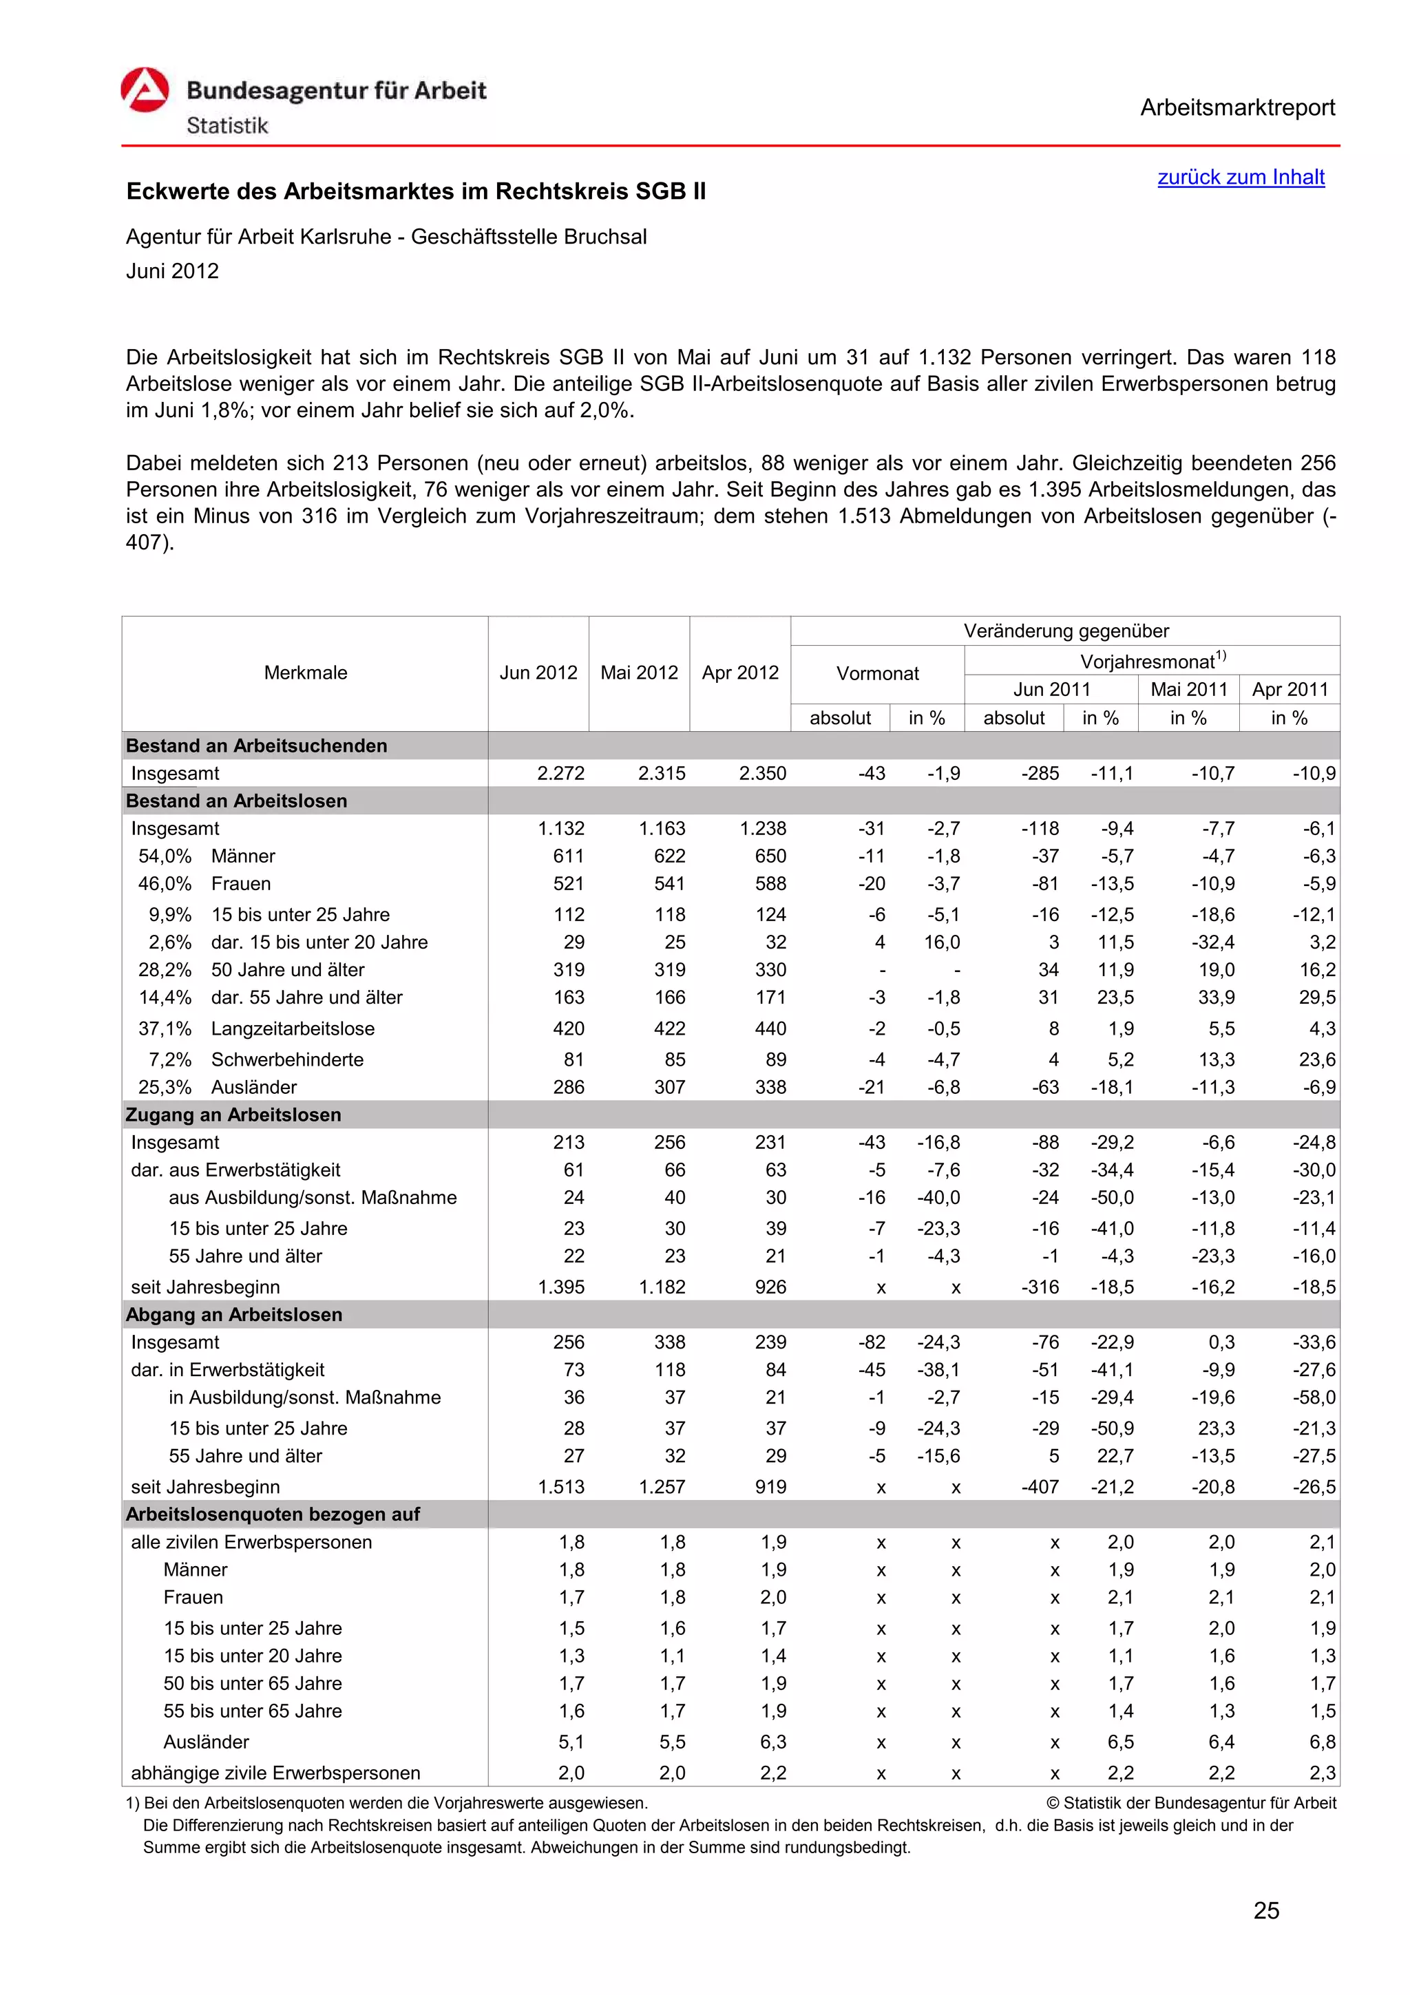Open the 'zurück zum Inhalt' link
pyautogui.click(x=1240, y=177)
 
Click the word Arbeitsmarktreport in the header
pyautogui.click(x=1237, y=108)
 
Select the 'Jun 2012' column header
pyautogui.click(x=538, y=673)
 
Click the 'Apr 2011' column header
pyautogui.click(x=1290, y=689)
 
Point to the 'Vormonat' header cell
pyautogui.click(x=876, y=673)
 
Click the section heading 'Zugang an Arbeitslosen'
pyautogui.click(x=233, y=1115)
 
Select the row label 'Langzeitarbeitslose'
pyautogui.click(x=293, y=1028)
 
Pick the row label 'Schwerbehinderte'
pyautogui.click(x=286, y=1059)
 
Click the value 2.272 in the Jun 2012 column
pyautogui.click(x=560, y=773)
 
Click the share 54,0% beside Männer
pyautogui.click(x=165, y=856)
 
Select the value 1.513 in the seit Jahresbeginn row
pyautogui.click(x=560, y=1487)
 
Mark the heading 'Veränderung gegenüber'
pyautogui.click(x=1065, y=631)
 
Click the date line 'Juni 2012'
pyautogui.click(x=172, y=271)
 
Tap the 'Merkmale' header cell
pyautogui.click(x=305, y=673)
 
